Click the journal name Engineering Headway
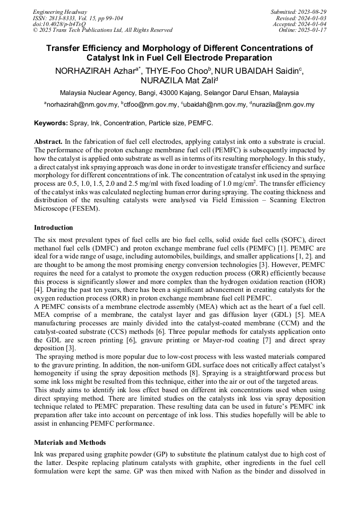[x=60, y=12]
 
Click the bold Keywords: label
[x=51, y=123]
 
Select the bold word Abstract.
[x=48, y=142]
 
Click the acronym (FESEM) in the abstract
[x=96, y=209]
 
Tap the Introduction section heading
[x=53, y=228]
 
